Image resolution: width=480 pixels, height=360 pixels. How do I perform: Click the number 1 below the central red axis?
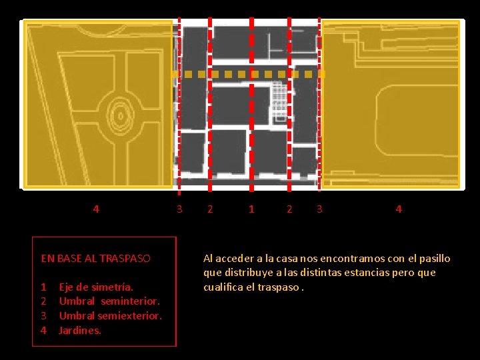[x=251, y=209]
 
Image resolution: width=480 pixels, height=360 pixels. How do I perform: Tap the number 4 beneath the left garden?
[x=96, y=209]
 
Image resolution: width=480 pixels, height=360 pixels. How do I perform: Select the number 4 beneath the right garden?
[x=399, y=209]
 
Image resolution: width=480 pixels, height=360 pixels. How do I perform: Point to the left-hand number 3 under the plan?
[x=179, y=209]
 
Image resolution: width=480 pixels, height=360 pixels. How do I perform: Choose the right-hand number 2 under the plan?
[x=289, y=209]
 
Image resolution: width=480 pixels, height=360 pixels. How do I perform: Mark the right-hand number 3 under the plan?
[x=319, y=209]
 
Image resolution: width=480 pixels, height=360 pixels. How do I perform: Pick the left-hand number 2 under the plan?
[x=210, y=209]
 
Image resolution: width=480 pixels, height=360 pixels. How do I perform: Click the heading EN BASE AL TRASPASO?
[x=96, y=259]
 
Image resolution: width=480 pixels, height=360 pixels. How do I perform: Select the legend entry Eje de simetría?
[x=96, y=287]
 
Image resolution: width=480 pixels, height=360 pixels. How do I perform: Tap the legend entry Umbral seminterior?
[x=109, y=301]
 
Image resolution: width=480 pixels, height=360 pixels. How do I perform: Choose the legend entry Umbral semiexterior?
[x=111, y=315]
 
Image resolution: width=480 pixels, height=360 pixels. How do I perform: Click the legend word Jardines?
[x=79, y=330]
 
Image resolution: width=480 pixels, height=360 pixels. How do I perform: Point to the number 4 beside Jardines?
[x=44, y=330]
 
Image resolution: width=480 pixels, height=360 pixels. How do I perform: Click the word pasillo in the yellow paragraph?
[x=435, y=259]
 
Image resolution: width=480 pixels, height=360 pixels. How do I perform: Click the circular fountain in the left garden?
[x=121, y=116]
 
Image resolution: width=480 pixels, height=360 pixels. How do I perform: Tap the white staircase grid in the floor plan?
[x=279, y=101]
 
